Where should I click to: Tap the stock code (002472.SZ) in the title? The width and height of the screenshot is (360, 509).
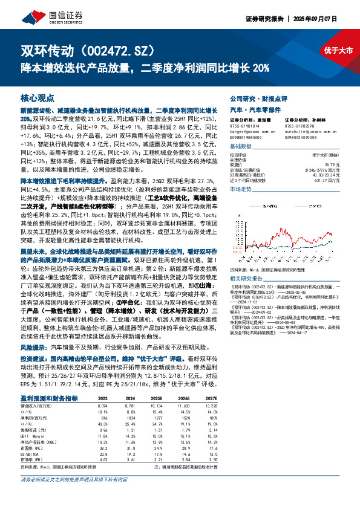(x=125, y=50)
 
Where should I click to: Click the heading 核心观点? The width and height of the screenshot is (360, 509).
(x=38, y=97)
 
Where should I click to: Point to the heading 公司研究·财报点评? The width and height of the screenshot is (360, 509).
(x=254, y=97)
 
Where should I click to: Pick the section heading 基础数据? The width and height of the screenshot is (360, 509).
(x=242, y=146)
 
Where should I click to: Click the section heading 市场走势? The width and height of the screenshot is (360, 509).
(x=242, y=190)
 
